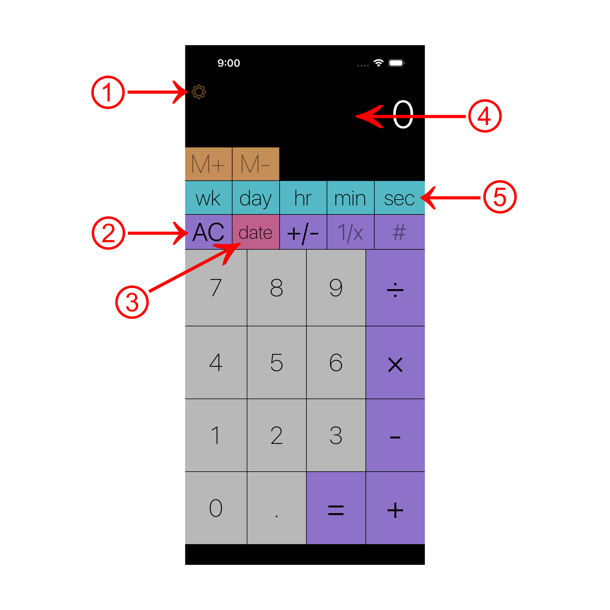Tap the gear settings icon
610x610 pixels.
coord(199,92)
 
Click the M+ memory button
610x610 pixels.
coord(208,164)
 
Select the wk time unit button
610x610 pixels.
coord(208,198)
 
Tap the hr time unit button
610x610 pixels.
coord(303,198)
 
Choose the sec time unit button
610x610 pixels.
coord(399,198)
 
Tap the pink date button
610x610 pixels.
coord(255,232)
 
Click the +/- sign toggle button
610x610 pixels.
coord(303,232)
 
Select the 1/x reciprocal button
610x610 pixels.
coord(350,232)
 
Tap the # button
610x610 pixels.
coord(399,232)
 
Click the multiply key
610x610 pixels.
coord(395,363)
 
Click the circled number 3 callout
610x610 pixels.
coord(132,302)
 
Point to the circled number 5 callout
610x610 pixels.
coord(500,197)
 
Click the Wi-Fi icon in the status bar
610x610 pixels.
coord(378,63)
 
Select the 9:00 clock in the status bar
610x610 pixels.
coord(229,63)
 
